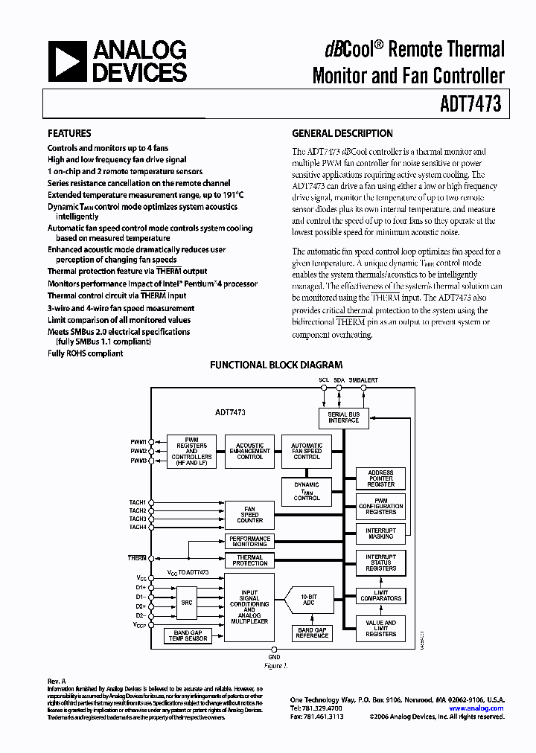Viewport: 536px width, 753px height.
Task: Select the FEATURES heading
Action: pyautogui.click(x=69, y=134)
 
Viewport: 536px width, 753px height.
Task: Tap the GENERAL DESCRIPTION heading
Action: pyautogui.click(x=342, y=134)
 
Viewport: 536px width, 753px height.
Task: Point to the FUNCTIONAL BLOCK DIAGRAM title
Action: pyautogui.click(x=275, y=365)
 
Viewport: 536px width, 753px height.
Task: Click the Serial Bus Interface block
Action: pyautogui.click(x=343, y=417)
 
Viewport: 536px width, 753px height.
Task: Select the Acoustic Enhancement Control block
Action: pyautogui.click(x=249, y=451)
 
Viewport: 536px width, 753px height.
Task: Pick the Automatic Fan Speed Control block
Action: pyautogui.click(x=307, y=451)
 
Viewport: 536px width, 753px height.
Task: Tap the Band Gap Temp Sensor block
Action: pyautogui.click(x=188, y=636)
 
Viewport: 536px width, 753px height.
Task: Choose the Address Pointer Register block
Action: pyautogui.click(x=380, y=478)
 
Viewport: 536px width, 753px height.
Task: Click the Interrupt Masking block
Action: pyautogui.click(x=380, y=533)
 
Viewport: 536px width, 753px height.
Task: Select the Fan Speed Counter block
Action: pyautogui.click(x=249, y=515)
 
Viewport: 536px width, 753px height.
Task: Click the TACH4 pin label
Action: pyautogui.click(x=137, y=528)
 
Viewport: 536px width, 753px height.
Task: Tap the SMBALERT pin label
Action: pyautogui.click(x=363, y=380)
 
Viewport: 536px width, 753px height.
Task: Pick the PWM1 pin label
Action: pyautogui.click(x=138, y=442)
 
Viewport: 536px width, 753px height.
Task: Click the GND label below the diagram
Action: pyautogui.click(x=274, y=658)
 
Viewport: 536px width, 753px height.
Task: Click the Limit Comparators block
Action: pyautogui.click(x=380, y=595)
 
